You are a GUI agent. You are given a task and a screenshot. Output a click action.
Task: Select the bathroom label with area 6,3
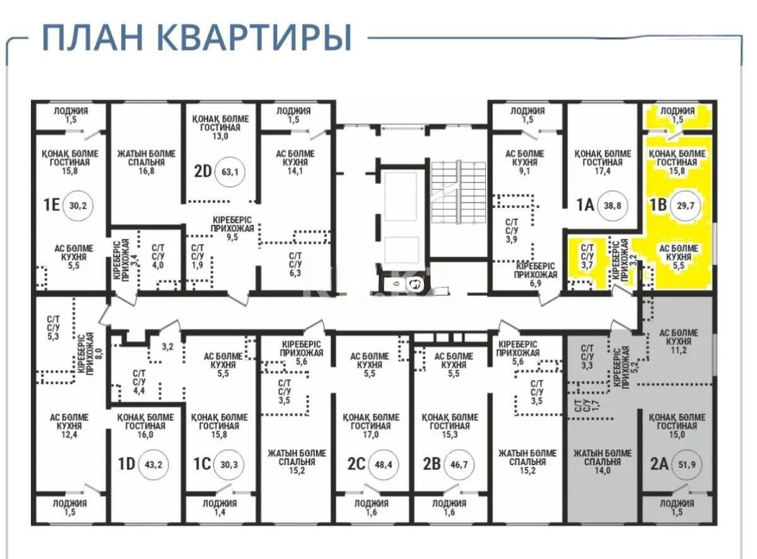click(x=295, y=265)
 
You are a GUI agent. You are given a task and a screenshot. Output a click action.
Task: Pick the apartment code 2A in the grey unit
click(x=659, y=464)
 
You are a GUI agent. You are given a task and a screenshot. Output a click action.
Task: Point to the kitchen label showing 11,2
click(x=678, y=342)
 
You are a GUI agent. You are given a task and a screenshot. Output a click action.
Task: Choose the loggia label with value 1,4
click(x=220, y=508)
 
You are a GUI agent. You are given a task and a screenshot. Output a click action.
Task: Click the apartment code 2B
click(x=431, y=464)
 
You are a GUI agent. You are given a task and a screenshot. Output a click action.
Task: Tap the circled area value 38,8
click(x=612, y=205)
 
